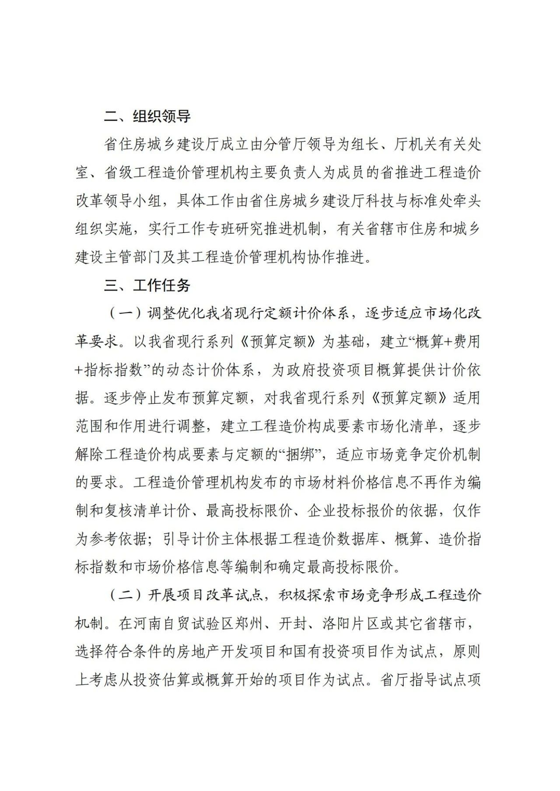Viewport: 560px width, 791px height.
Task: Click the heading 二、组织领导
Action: point(147,116)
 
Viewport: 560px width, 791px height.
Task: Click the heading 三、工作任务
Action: point(147,285)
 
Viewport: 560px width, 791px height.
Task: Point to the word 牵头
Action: point(466,201)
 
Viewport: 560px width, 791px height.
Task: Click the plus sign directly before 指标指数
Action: point(79,370)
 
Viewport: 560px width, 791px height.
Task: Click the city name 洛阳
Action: point(336,624)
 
